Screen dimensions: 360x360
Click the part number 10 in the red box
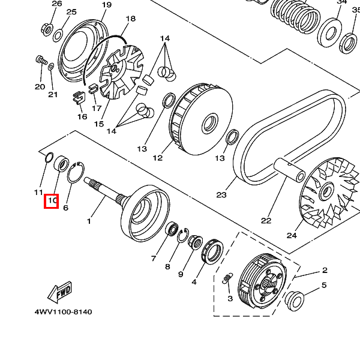(x=52, y=200)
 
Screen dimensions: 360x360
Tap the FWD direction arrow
(x=60, y=293)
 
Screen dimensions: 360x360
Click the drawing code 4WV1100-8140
(x=63, y=313)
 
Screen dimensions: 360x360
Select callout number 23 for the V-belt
(x=221, y=195)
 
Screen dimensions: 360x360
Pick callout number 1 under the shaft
(x=89, y=221)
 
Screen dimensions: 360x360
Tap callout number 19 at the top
(x=107, y=5)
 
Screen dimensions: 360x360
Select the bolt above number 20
(x=41, y=59)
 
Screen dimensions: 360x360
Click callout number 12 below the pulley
(x=158, y=158)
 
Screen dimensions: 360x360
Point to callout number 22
(x=266, y=220)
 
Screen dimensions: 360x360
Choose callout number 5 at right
(x=324, y=286)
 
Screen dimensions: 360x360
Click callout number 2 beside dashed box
(x=324, y=271)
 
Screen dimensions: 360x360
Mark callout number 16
(x=82, y=116)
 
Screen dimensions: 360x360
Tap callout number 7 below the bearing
(x=154, y=258)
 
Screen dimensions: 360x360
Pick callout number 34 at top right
(x=341, y=2)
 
